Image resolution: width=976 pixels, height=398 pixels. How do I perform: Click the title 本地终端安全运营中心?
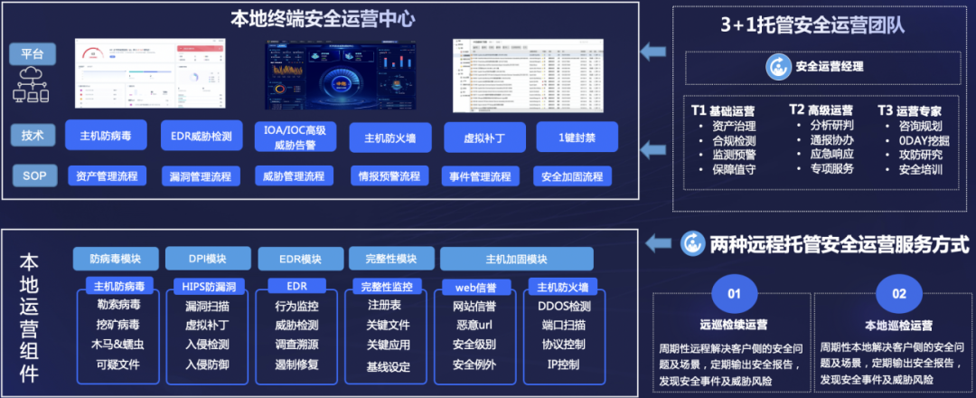pyautogui.click(x=323, y=17)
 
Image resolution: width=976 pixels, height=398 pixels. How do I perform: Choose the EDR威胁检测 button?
pyautogui.click(x=202, y=137)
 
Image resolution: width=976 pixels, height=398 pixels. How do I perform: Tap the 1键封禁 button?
pyautogui.click(x=576, y=137)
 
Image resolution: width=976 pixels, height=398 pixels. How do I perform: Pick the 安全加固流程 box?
pyautogui.click(x=573, y=175)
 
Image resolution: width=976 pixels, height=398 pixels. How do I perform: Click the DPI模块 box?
pyautogui.click(x=208, y=259)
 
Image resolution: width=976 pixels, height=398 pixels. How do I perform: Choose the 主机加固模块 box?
pyautogui.click(x=516, y=259)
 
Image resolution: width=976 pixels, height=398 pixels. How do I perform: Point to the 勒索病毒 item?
pyautogui.click(x=117, y=305)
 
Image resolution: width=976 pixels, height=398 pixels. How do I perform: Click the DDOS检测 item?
pyautogui.click(x=567, y=305)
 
